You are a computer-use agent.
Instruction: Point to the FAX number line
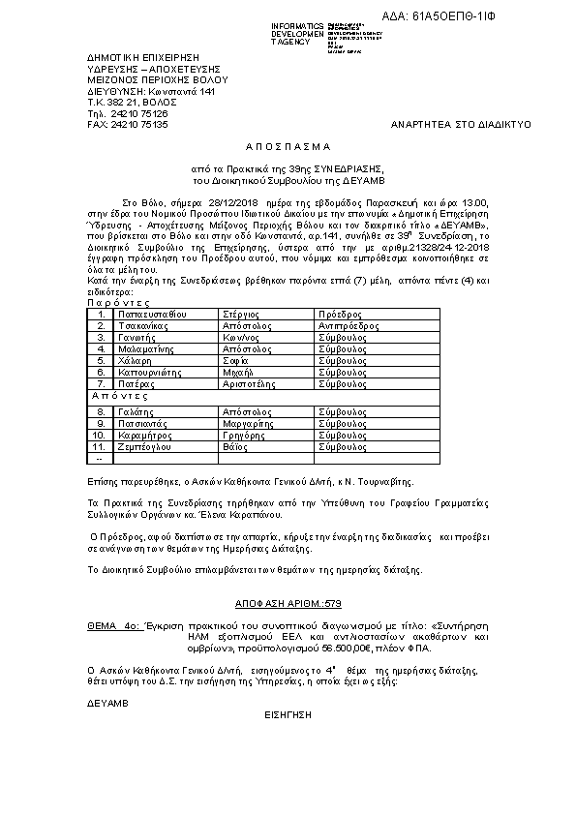pos(128,125)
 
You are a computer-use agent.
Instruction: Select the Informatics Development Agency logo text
pos(298,34)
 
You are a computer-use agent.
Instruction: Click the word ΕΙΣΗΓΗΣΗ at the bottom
pos(288,719)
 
